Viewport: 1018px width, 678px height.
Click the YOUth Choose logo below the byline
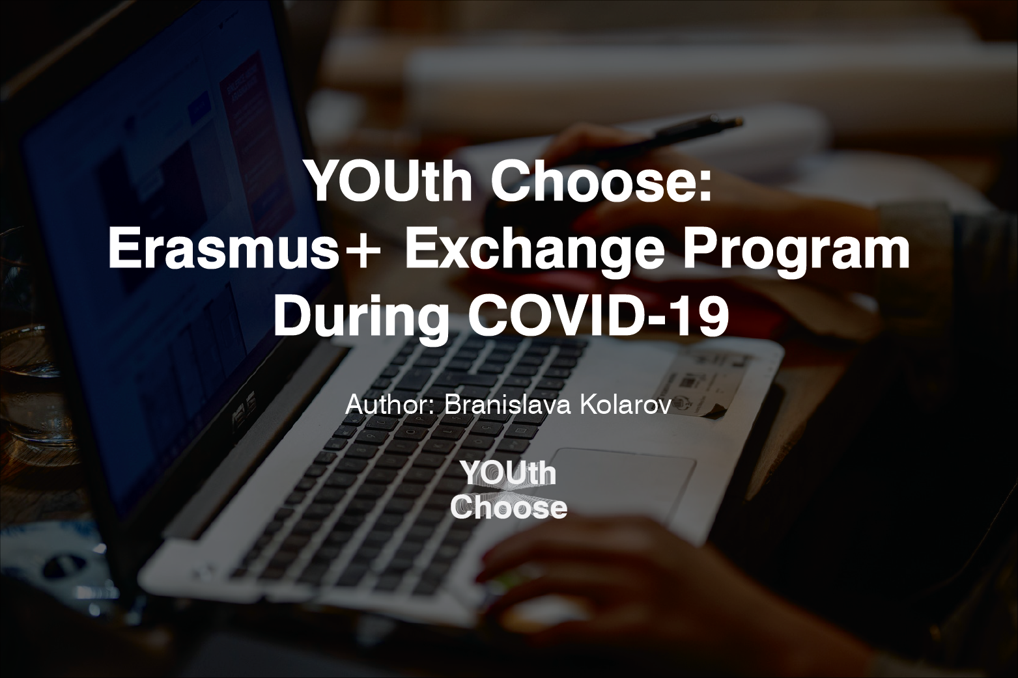[509, 490]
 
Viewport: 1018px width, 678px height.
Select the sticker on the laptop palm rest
[690, 384]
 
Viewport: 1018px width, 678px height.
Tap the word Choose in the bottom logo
[509, 508]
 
